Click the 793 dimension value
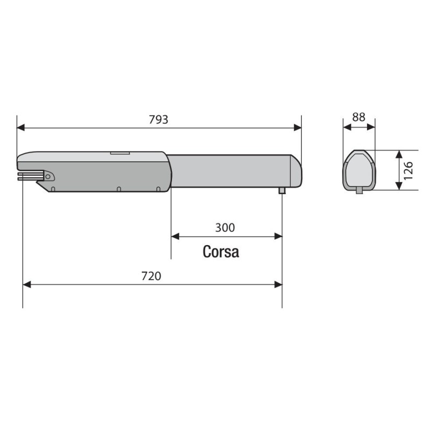pos(159,119)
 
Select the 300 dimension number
pos(225,227)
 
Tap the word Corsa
pos(221,252)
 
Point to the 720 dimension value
pos(151,276)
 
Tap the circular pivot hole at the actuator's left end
pos(48,176)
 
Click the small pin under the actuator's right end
pos(282,190)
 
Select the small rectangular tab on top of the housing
pos(120,153)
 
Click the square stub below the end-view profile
pos(359,190)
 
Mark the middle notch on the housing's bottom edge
pos(118,189)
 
